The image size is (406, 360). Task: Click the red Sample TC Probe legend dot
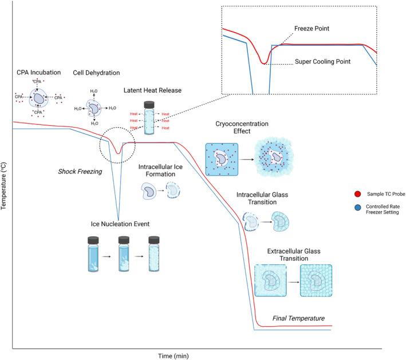357,194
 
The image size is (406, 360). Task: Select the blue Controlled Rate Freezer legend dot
357,207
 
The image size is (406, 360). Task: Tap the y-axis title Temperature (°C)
3,185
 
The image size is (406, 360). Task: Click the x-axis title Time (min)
174,356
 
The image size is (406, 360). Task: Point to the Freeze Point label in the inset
312,29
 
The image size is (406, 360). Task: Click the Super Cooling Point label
322,62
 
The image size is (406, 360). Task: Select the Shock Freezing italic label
80,172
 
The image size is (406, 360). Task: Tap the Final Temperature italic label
298,318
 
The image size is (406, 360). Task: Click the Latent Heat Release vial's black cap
149,105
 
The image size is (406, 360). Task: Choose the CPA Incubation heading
38,73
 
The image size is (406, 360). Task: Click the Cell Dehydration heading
96,73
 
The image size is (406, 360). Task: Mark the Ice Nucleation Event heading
120,224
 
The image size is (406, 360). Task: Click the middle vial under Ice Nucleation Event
124,254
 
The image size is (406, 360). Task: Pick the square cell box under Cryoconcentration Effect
222,160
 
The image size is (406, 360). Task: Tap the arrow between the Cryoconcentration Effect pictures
247,160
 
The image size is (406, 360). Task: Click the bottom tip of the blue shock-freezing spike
119,220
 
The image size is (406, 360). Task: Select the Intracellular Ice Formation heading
160,171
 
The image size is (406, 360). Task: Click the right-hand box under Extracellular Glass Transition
316,280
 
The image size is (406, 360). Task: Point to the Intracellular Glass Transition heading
262,198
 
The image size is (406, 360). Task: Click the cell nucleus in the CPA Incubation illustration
39,98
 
